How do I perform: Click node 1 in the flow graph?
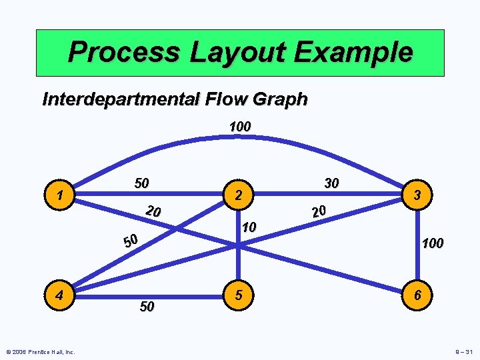(x=60, y=196)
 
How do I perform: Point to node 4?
(x=60, y=294)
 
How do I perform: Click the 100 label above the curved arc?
(x=239, y=126)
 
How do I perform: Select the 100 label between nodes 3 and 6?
(x=432, y=244)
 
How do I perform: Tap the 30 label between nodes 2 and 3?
(x=331, y=183)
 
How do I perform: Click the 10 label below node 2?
(x=249, y=227)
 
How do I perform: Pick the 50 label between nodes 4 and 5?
(x=147, y=307)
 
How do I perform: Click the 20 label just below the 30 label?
(x=318, y=211)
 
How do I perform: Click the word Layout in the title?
(x=239, y=52)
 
